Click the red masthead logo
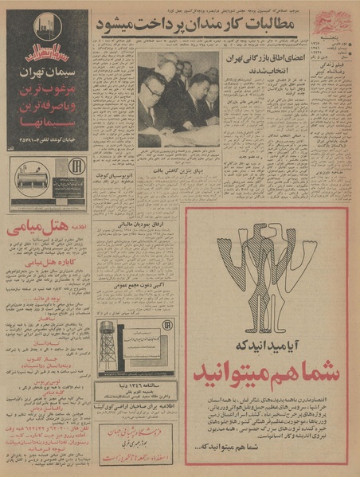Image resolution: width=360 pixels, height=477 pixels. click(331, 21)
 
